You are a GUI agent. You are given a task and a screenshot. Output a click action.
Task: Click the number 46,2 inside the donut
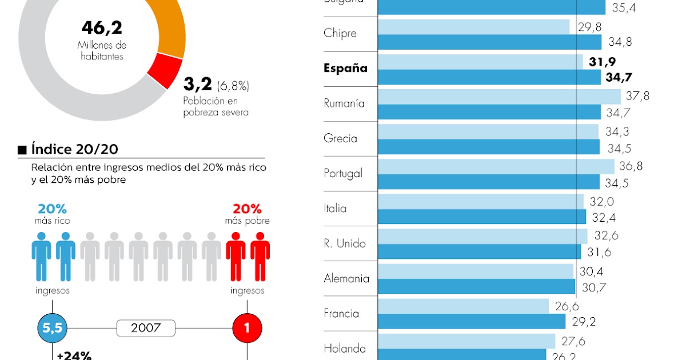tap(102, 27)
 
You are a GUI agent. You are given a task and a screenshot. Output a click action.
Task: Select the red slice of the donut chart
tap(165, 71)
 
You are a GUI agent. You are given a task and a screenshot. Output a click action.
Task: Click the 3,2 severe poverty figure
tap(197, 86)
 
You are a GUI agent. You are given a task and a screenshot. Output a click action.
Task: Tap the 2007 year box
tap(145, 328)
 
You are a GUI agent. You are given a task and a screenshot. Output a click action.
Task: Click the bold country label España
tap(345, 69)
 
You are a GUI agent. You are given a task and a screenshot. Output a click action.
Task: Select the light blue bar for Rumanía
tap(498, 97)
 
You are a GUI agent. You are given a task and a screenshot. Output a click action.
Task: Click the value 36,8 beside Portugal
tap(631, 166)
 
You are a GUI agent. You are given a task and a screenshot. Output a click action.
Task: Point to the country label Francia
tap(341, 313)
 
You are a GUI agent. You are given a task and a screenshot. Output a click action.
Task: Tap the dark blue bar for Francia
tap(471, 322)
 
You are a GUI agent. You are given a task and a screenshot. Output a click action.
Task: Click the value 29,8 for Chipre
tap(589, 27)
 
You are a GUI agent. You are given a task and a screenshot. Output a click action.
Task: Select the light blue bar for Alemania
tap(475, 271)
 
